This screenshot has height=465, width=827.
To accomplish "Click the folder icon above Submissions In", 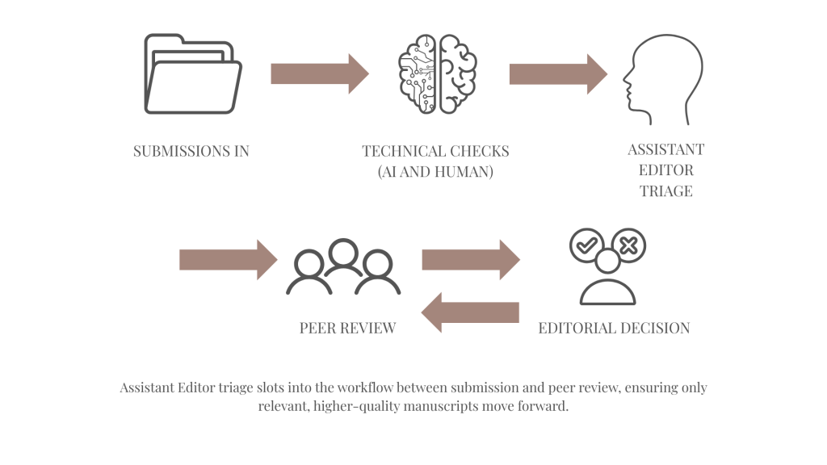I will click(191, 73).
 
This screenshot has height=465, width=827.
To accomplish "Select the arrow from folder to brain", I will click(319, 74).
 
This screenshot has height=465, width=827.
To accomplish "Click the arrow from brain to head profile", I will click(558, 73).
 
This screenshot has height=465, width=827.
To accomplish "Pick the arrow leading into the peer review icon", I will click(228, 259).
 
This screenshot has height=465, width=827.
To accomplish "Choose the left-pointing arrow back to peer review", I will click(471, 312).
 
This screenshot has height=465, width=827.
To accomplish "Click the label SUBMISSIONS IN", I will click(191, 151).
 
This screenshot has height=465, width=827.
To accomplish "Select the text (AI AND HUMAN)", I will click(435, 171).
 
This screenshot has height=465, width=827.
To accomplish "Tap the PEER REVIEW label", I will click(347, 328).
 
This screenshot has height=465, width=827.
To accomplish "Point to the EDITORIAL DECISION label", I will click(614, 328).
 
